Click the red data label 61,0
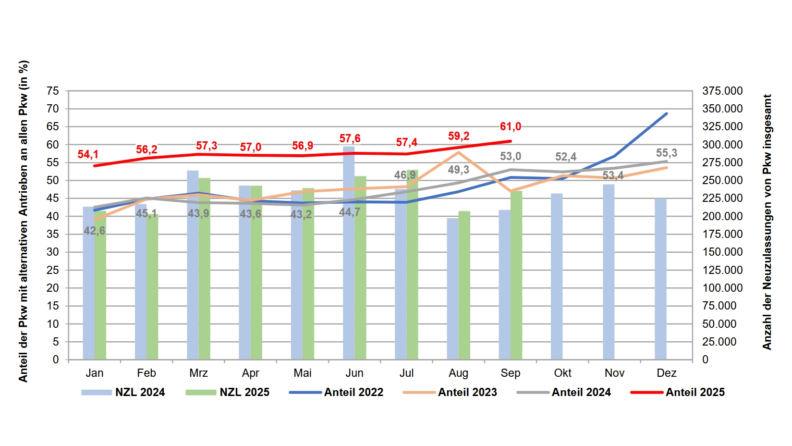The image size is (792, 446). (x=510, y=126)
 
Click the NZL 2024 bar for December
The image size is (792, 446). (x=660, y=279)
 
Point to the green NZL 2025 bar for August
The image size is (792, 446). (x=464, y=285)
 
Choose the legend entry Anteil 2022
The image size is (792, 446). (x=336, y=392)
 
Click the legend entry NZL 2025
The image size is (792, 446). (x=228, y=392)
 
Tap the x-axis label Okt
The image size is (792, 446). (x=562, y=373)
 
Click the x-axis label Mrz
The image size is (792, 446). (x=198, y=373)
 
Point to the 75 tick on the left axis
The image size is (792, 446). (x=53, y=91)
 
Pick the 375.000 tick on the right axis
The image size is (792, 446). (x=722, y=91)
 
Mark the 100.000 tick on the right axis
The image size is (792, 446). (x=722, y=288)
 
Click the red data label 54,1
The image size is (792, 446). (x=88, y=154)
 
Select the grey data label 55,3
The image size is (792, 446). (x=666, y=153)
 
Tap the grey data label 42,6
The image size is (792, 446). (x=94, y=231)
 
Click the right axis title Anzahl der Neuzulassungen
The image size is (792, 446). (x=767, y=222)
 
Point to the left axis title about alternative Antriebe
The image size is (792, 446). (x=23, y=221)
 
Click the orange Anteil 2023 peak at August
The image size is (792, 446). (x=459, y=152)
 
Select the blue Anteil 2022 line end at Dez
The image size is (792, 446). (x=666, y=114)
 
